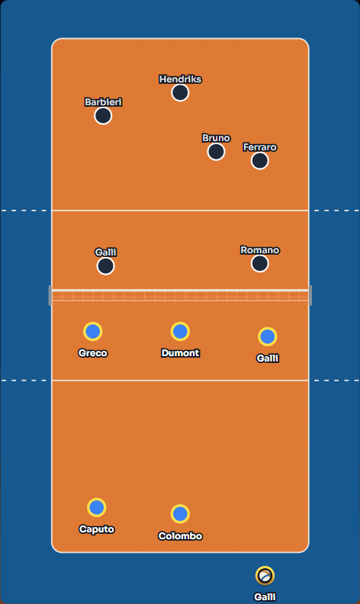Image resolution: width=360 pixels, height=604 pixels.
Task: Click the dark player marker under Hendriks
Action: (180, 93)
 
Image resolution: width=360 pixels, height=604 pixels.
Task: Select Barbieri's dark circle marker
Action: (103, 116)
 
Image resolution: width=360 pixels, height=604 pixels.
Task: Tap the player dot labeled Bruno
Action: (216, 152)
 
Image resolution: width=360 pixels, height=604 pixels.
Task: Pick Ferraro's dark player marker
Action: (260, 161)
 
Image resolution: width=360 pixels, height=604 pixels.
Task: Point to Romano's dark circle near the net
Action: (260, 263)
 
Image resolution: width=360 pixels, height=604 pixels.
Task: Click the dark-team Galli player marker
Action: (105, 266)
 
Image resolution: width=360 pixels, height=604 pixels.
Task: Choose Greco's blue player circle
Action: (93, 331)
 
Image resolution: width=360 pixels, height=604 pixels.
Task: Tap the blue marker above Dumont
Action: (180, 331)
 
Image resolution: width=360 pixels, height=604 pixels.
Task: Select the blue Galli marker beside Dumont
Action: (268, 336)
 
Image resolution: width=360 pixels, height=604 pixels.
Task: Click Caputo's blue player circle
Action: (96, 507)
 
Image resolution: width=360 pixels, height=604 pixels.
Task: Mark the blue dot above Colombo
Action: (180, 514)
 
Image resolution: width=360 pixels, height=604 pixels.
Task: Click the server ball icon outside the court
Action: (265, 576)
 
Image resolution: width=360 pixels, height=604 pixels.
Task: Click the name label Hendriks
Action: (181, 79)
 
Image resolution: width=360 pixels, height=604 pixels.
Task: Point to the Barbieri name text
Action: (103, 102)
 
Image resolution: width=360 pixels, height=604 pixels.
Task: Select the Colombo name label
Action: (181, 536)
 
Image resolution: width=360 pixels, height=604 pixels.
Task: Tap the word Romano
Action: (260, 250)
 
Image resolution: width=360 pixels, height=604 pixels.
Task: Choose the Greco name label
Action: (93, 353)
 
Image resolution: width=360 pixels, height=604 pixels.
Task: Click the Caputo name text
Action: (97, 529)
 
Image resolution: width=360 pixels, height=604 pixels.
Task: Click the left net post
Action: (50, 295)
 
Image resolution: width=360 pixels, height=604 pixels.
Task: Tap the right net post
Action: (310, 295)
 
